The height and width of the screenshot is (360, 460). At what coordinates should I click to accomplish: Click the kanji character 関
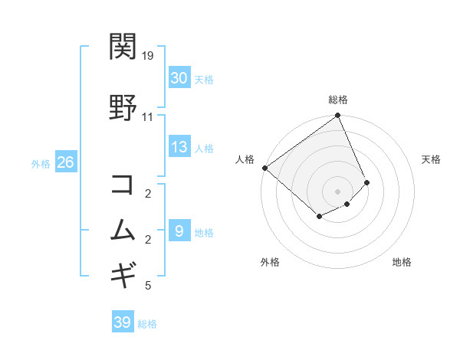123,47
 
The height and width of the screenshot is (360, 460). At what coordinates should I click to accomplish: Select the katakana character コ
123,185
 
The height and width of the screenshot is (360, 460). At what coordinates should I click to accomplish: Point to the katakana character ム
123,231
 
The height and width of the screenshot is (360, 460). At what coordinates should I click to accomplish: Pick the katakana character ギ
123,273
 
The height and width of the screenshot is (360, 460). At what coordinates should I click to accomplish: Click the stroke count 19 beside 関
148,56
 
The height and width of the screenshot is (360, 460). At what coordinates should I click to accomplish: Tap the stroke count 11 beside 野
148,117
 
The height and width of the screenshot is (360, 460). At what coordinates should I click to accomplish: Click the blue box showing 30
179,78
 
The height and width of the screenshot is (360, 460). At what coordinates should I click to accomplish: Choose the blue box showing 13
179,147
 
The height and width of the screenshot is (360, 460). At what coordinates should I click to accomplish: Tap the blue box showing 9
179,231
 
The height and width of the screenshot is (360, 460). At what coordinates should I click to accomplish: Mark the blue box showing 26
66,162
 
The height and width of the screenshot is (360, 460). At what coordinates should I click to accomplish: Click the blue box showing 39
123,322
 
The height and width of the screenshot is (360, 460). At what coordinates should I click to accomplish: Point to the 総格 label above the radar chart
338,100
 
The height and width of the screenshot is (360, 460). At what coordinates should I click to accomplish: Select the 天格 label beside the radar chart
432,159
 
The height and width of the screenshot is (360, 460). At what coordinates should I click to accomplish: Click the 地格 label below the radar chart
402,262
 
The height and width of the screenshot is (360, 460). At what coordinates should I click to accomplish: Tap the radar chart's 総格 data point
337,116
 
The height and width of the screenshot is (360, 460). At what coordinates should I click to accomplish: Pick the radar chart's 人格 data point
264,168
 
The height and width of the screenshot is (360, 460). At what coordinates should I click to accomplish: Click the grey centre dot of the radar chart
337,191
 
